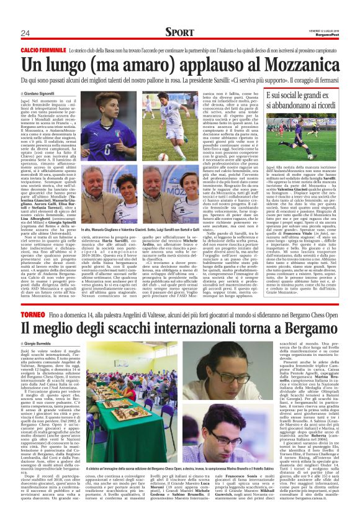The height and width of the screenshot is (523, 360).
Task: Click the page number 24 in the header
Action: tap(25, 33)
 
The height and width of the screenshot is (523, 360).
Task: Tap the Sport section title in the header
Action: tap(180, 32)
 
